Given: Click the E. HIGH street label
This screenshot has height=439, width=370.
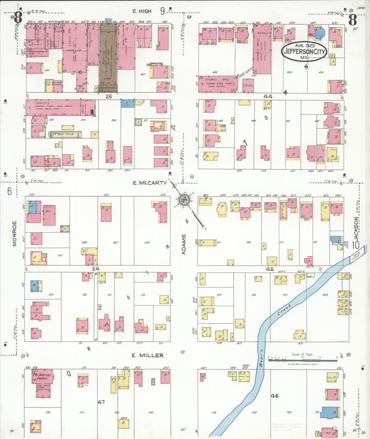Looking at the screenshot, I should click(x=142, y=11).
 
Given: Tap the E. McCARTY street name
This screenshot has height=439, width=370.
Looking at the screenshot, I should click(x=150, y=183).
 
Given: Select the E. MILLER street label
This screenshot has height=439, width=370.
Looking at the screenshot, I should click(x=147, y=355).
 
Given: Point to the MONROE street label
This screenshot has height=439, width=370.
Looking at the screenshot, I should click(x=15, y=234).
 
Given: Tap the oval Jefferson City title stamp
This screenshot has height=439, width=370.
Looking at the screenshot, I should click(x=304, y=51).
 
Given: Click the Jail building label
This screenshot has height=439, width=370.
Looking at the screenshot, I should click(x=48, y=211).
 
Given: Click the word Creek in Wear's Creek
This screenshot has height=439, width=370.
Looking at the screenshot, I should click(x=284, y=310).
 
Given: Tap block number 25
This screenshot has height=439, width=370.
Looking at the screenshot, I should click(x=109, y=97).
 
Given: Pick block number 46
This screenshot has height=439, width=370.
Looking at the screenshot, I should click(x=274, y=396).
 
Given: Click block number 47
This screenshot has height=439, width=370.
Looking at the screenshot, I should click(x=101, y=402).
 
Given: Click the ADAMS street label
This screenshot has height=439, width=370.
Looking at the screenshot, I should click(x=184, y=244).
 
